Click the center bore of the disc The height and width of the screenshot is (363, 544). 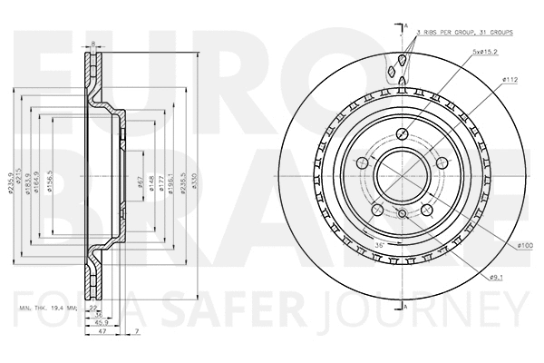(x=399, y=170)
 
